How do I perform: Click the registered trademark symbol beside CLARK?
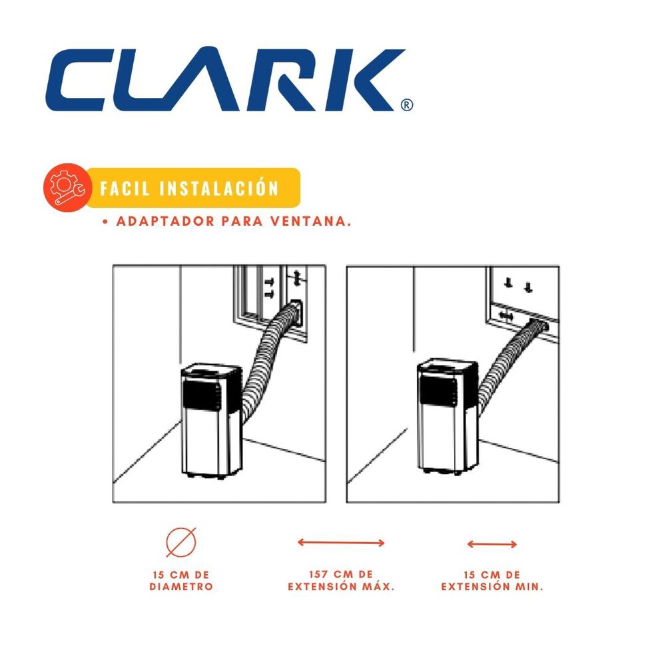(406, 105)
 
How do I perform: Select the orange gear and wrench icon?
(67, 187)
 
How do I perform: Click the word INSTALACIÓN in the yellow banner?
(218, 188)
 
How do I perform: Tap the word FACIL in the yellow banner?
(125, 188)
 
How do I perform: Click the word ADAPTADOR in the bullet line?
(165, 221)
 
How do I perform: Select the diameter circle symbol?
(181, 542)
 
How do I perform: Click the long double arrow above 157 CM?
(341, 542)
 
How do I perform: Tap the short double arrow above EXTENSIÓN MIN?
(492, 544)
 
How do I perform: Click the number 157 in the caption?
(318, 574)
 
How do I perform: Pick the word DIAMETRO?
(181, 587)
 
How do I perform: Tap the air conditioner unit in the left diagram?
(212, 420)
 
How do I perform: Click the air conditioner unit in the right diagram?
(448, 416)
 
